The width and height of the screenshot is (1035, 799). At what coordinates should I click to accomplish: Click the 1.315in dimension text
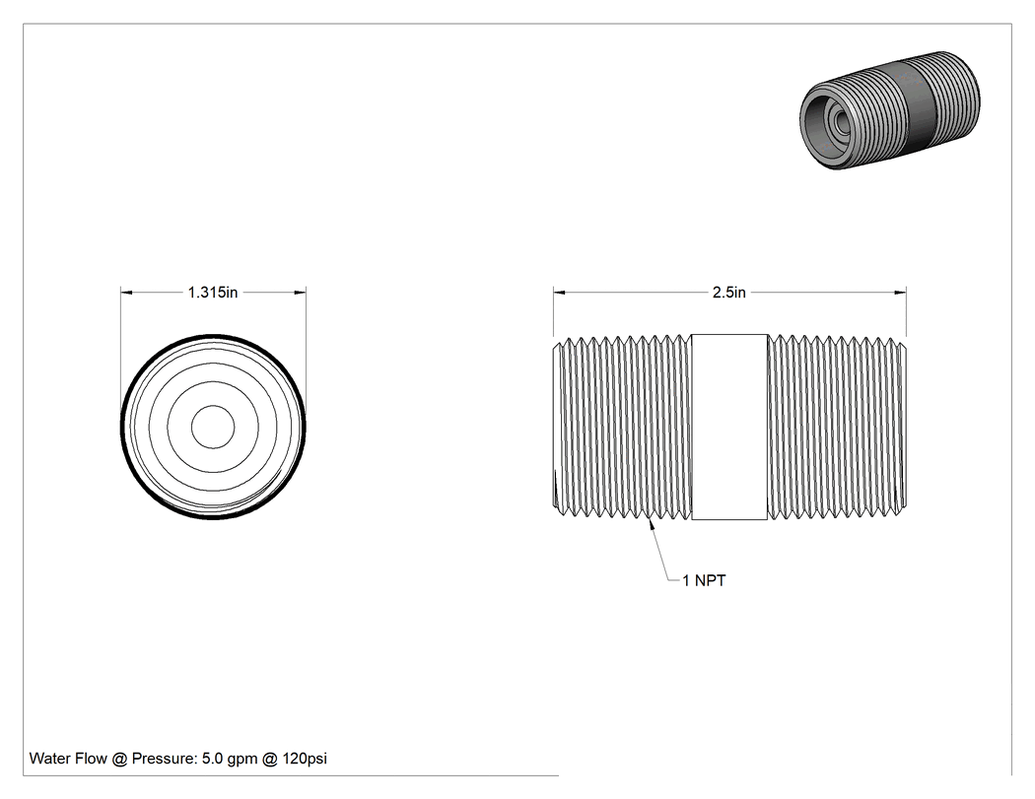(213, 293)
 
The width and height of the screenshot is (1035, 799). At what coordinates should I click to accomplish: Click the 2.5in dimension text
(728, 293)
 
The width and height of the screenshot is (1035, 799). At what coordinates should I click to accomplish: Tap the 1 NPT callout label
(704, 580)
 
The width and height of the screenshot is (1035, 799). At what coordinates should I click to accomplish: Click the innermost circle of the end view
(213, 427)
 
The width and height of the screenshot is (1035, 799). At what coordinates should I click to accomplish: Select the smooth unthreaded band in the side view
(729, 427)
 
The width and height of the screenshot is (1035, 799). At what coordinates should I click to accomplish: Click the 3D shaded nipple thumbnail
(890, 109)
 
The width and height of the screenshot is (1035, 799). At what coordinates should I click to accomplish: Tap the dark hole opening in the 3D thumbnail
(841, 121)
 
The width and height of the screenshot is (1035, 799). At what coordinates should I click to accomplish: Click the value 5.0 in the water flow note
(213, 759)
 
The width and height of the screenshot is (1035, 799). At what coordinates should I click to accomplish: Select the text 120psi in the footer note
(305, 759)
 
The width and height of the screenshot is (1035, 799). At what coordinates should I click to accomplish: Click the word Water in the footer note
(48, 759)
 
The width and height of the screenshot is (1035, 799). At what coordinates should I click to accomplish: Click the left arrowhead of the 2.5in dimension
(560, 293)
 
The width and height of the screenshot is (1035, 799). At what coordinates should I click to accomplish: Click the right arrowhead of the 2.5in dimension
(900, 293)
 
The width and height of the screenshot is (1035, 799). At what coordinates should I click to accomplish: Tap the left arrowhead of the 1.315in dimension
(127, 293)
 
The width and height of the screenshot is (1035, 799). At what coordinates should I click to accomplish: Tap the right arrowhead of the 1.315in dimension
(300, 293)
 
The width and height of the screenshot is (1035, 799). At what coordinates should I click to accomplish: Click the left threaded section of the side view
(622, 427)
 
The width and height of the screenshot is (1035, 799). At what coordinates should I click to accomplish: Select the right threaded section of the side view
(837, 427)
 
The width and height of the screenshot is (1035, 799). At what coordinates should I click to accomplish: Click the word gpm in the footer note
(242, 760)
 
